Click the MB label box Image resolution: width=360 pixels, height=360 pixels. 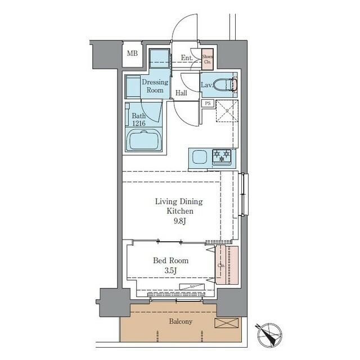(132, 54)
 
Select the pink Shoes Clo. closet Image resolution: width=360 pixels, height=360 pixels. (207, 58)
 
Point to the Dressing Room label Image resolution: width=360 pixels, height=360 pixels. (155, 86)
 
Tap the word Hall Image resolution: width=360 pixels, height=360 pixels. (181, 93)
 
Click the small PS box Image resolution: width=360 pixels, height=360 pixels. (208, 103)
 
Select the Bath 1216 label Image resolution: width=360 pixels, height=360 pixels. (138, 120)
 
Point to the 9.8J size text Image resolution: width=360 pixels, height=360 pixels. (179, 220)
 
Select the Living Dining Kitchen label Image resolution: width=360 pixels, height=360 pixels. (179, 206)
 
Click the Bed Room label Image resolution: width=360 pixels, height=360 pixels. (171, 260)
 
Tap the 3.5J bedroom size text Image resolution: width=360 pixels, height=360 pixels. (171, 271)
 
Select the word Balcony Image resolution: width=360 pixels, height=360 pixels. (181, 322)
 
